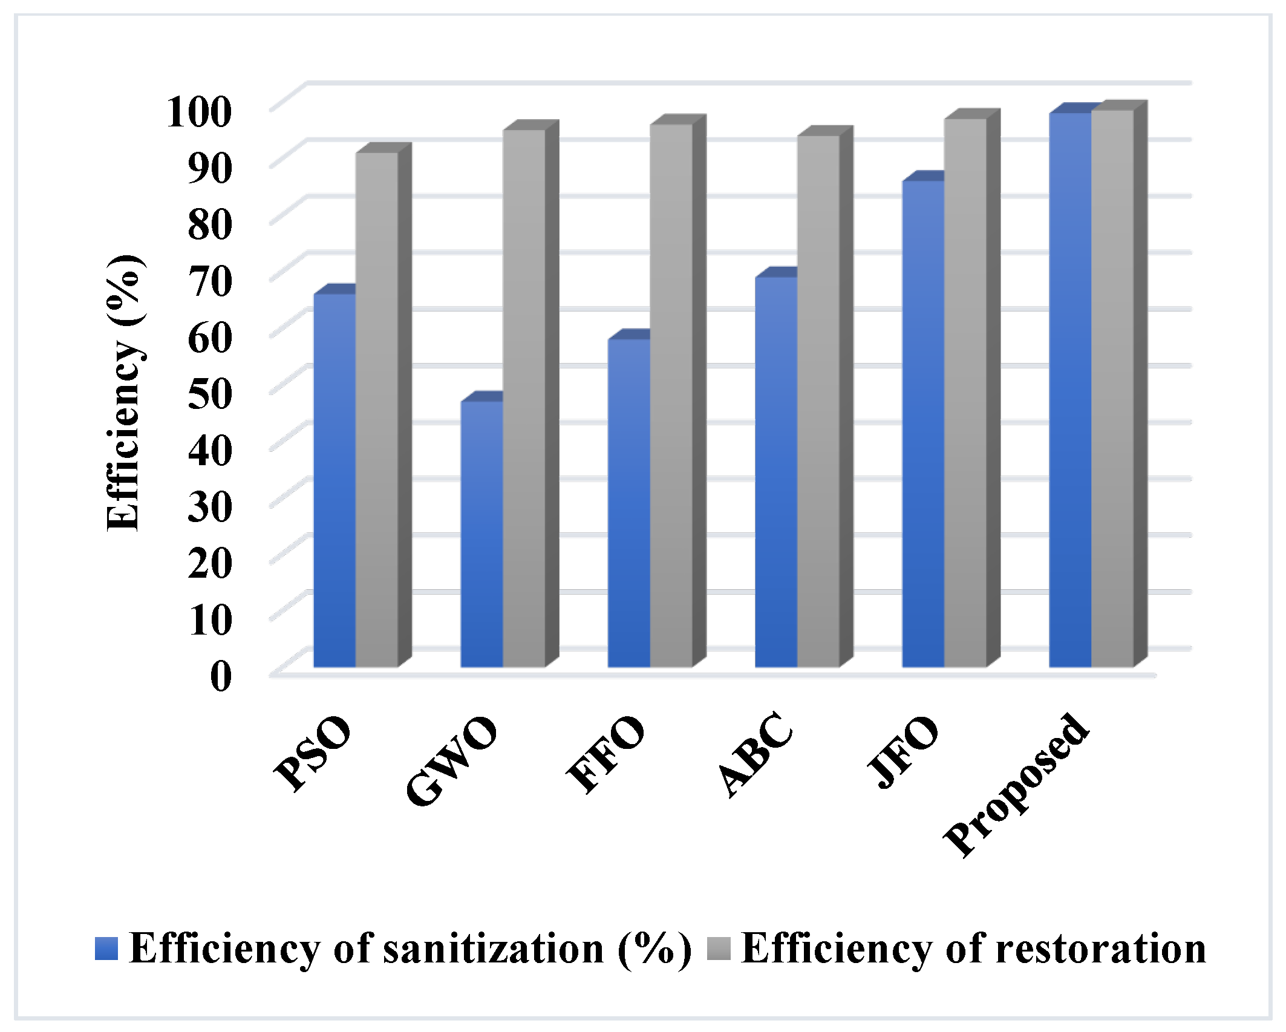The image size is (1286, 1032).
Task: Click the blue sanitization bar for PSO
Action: tap(335, 481)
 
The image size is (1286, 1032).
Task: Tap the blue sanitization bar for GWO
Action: tap(481, 535)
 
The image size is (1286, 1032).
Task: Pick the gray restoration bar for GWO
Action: tap(524, 399)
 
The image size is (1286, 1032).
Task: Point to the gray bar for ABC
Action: tap(818, 402)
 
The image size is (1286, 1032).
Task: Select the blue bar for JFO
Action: tap(923, 424)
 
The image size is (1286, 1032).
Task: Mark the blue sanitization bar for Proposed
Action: tap(1070, 390)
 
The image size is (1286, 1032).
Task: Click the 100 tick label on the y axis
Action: tap(199, 112)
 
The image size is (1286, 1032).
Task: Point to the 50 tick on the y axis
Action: tap(209, 394)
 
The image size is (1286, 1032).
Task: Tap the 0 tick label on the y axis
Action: tap(221, 676)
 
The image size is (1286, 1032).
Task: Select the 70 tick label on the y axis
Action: tap(209, 281)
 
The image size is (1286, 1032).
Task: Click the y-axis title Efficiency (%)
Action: tap(125, 393)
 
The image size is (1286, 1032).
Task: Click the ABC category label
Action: tap(756, 754)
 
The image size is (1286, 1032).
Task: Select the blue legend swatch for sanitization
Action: tap(106, 949)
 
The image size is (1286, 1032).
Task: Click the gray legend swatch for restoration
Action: tap(719, 949)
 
